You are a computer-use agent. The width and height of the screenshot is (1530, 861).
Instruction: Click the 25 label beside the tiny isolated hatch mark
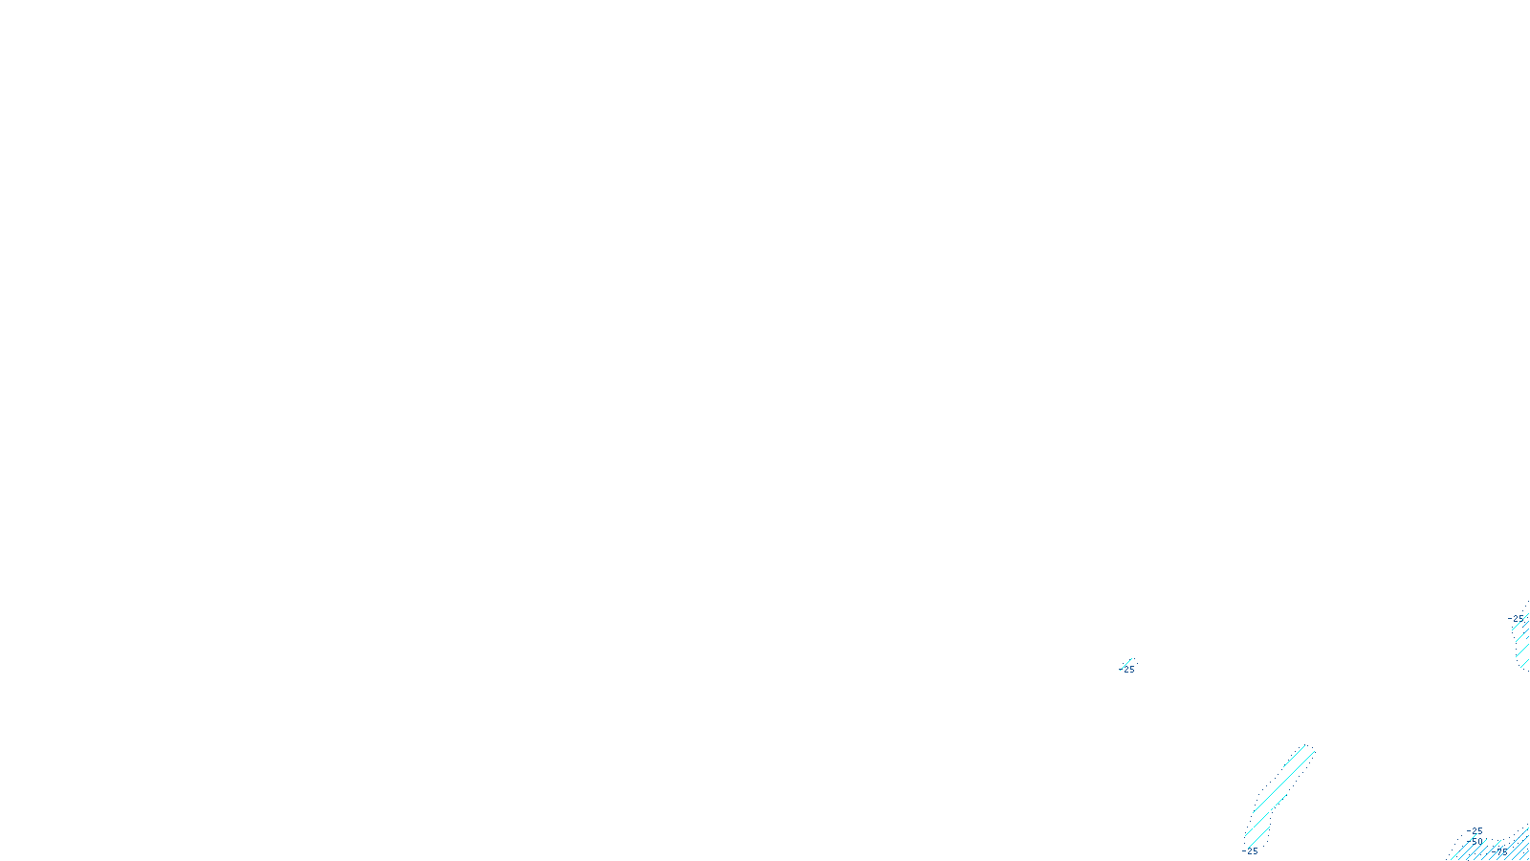[x=1128, y=670]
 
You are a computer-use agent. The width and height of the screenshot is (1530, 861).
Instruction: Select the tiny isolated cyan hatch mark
[x=1126, y=663]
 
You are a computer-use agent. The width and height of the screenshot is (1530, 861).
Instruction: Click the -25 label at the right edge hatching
[x=1517, y=619]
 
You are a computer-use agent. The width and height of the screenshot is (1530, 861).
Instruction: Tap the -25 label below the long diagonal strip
[x=1251, y=851]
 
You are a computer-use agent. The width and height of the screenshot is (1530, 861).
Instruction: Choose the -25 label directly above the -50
[x=1475, y=831]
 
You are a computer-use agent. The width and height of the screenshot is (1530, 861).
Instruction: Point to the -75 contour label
[x=1499, y=851]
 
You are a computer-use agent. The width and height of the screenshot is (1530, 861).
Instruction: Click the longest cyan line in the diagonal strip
[x=1283, y=780]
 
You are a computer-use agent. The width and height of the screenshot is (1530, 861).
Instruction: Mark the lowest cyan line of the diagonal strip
[x=1257, y=839]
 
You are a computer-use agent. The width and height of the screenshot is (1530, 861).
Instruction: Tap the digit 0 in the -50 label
[x=1481, y=842]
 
